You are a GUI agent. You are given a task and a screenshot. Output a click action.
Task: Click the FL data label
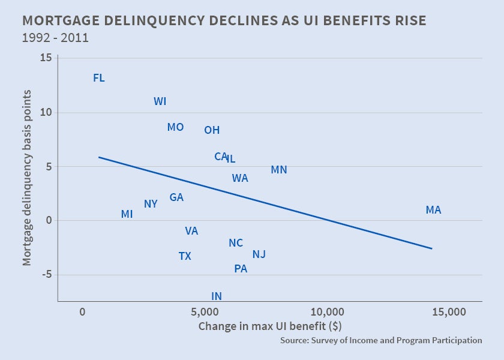[99, 78]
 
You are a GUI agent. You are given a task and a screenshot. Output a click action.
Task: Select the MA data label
[433, 210]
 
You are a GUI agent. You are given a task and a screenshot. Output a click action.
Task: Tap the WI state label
[160, 101]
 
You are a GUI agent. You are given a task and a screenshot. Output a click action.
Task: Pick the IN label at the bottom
[217, 296]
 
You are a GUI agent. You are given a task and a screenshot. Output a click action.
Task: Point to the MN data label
[279, 170]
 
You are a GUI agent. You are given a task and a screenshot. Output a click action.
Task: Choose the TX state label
[185, 256]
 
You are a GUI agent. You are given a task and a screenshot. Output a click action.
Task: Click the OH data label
[212, 130]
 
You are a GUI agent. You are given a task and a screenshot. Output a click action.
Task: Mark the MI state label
[127, 214]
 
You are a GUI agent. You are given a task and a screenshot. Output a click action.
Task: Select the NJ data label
[259, 254]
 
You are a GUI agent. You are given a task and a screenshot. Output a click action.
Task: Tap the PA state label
[241, 269]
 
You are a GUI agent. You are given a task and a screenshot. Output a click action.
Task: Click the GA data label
[176, 197]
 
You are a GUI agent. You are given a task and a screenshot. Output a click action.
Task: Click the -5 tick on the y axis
[46, 275]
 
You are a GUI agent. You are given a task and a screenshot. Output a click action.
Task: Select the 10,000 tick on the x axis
[327, 312]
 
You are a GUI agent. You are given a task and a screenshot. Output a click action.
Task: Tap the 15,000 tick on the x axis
[449, 312]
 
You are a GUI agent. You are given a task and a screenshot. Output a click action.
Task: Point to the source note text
[380, 340]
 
